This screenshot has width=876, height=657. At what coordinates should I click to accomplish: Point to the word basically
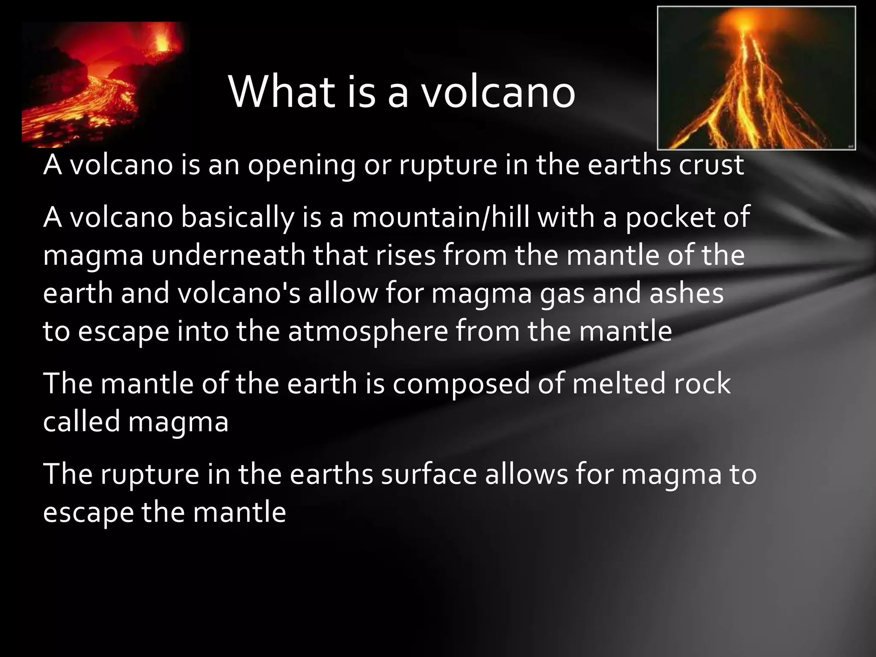tap(237, 217)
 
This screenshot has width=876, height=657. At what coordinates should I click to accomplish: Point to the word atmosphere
tap(368, 332)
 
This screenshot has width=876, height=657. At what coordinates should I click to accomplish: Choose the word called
tap(82, 422)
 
